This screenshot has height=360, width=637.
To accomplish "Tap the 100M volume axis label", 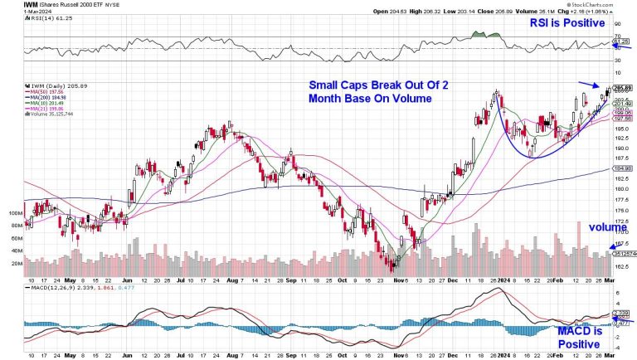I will coord(14,213).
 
